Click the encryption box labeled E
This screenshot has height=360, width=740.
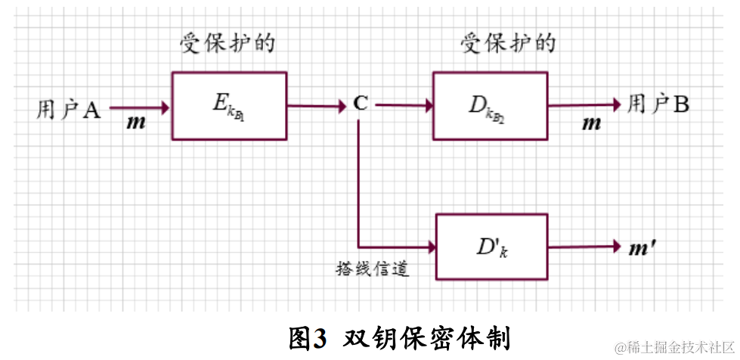(x=229, y=105)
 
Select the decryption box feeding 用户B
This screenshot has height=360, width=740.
(x=490, y=105)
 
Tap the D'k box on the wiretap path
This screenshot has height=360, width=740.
(x=491, y=247)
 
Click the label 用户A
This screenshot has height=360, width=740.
(x=68, y=110)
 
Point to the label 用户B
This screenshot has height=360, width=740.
(x=658, y=105)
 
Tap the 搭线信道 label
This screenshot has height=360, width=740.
(x=372, y=268)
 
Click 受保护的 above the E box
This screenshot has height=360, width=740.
(x=227, y=43)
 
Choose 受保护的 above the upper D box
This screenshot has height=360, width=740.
(x=508, y=43)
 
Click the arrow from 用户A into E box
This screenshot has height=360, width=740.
(x=141, y=107)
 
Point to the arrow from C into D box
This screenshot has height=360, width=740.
(x=403, y=106)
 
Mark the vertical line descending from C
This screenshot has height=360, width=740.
(x=358, y=182)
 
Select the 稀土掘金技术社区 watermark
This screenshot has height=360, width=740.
(x=680, y=347)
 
